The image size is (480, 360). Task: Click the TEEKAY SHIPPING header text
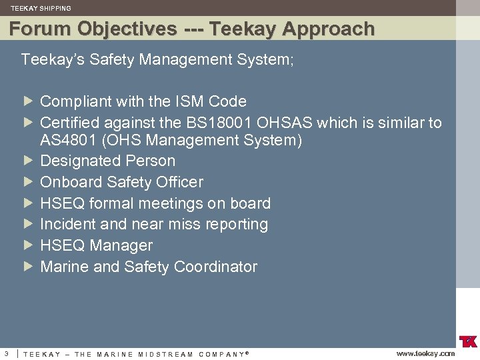pyautogui.click(x=41, y=8)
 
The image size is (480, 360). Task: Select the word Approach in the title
pyautogui.click(x=328, y=29)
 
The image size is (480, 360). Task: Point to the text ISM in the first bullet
pyautogui.click(x=189, y=101)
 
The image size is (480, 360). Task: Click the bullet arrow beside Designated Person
pyautogui.click(x=27, y=161)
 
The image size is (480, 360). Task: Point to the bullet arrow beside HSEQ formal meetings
pyautogui.click(x=27, y=203)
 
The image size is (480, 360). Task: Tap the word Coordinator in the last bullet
pyautogui.click(x=215, y=267)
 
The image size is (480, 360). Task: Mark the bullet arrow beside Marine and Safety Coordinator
pyautogui.click(x=27, y=267)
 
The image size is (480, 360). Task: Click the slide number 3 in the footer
pyautogui.click(x=6, y=353)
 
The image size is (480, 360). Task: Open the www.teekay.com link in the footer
pyautogui.click(x=425, y=353)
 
